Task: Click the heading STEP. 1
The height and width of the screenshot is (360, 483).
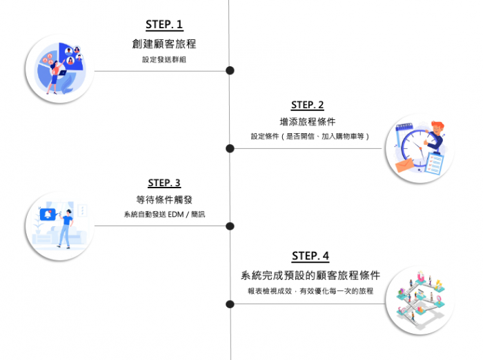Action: [x=164, y=25]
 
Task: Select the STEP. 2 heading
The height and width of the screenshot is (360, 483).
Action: [x=307, y=106]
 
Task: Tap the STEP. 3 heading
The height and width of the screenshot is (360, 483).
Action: [x=164, y=183]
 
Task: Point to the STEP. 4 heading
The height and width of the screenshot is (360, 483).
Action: [x=310, y=256]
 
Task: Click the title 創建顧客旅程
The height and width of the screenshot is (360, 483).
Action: [x=164, y=44]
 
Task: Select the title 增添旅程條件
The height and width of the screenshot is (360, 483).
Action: [x=307, y=122]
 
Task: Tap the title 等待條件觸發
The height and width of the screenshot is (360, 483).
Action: [x=164, y=200]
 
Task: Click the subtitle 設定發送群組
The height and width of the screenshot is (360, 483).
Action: [x=164, y=60]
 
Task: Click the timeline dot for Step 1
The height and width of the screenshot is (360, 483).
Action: [x=230, y=70]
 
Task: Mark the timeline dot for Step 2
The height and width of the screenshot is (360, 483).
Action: [x=230, y=148]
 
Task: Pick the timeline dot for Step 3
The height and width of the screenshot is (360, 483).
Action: [x=230, y=226]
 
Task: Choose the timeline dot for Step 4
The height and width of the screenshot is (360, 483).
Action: [x=230, y=303]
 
